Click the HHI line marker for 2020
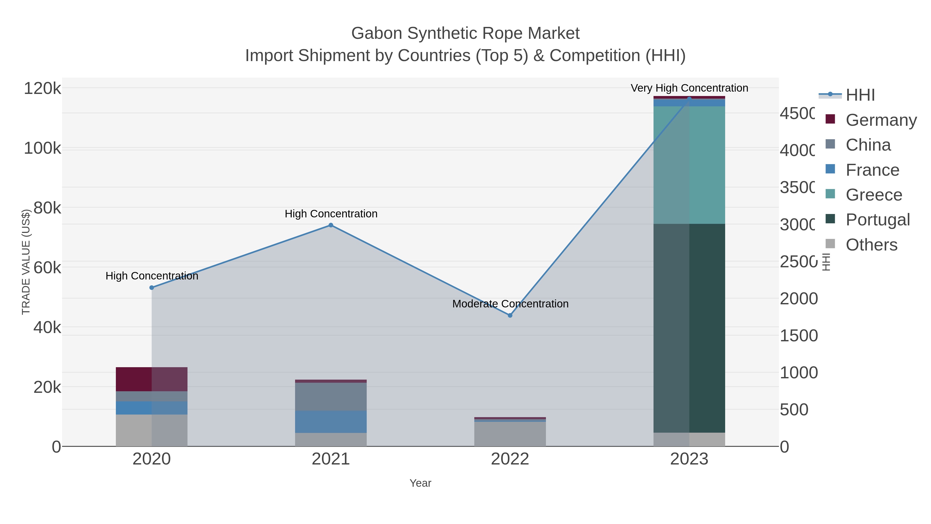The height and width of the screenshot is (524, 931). pyautogui.click(x=152, y=287)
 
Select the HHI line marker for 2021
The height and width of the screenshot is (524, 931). pyautogui.click(x=331, y=225)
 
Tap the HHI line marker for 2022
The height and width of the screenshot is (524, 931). pyautogui.click(x=510, y=315)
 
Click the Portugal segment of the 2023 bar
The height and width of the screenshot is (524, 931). pyautogui.click(x=689, y=328)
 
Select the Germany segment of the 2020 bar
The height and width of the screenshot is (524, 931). pyautogui.click(x=152, y=379)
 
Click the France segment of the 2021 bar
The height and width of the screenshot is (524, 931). pyautogui.click(x=331, y=422)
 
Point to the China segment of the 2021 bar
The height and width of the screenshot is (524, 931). pyautogui.click(x=331, y=397)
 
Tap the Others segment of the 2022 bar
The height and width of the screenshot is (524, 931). pyautogui.click(x=510, y=434)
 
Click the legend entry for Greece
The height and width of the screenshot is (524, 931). pyautogui.click(x=874, y=195)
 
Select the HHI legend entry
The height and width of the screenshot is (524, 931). pyautogui.click(x=860, y=95)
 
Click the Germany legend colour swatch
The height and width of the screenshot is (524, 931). pyautogui.click(x=830, y=119)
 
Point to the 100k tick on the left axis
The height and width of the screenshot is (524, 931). pyautogui.click(x=43, y=148)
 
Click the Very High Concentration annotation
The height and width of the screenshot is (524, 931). pyautogui.click(x=689, y=88)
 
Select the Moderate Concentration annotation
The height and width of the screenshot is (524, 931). pyautogui.click(x=510, y=304)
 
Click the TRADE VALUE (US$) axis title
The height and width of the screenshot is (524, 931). pyautogui.click(x=26, y=262)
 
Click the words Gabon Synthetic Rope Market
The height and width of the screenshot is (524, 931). pyautogui.click(x=465, y=33)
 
